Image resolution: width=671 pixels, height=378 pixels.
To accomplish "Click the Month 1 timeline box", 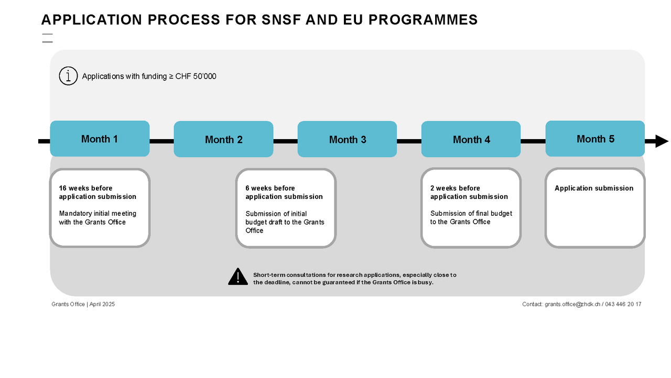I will [x=100, y=139].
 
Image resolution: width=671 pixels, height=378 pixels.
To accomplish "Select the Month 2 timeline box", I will [x=223, y=140].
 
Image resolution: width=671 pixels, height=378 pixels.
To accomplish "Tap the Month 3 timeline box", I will [x=347, y=140].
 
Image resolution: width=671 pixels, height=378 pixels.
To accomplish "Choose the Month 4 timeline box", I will [x=471, y=140].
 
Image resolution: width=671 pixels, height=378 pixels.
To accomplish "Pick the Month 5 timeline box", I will [x=595, y=139].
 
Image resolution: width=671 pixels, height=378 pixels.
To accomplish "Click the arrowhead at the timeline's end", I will [x=661, y=141].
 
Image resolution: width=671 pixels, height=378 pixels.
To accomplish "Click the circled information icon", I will [x=68, y=76].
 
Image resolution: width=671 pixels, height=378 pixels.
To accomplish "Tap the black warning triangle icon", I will [x=238, y=277].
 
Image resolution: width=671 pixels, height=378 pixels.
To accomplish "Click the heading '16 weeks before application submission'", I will [x=98, y=192].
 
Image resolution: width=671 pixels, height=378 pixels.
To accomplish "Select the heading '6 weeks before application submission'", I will [x=284, y=192].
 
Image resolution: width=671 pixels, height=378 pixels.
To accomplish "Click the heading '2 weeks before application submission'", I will [x=469, y=192].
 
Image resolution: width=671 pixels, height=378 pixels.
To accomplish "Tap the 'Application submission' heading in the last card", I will [x=594, y=188].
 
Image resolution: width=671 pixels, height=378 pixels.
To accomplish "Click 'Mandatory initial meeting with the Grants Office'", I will [x=98, y=218].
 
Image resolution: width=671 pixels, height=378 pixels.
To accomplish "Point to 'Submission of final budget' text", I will [x=471, y=214].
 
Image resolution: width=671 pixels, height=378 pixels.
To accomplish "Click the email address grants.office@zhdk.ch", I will [x=572, y=304].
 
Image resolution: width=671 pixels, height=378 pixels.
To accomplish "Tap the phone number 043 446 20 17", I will [x=623, y=304].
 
